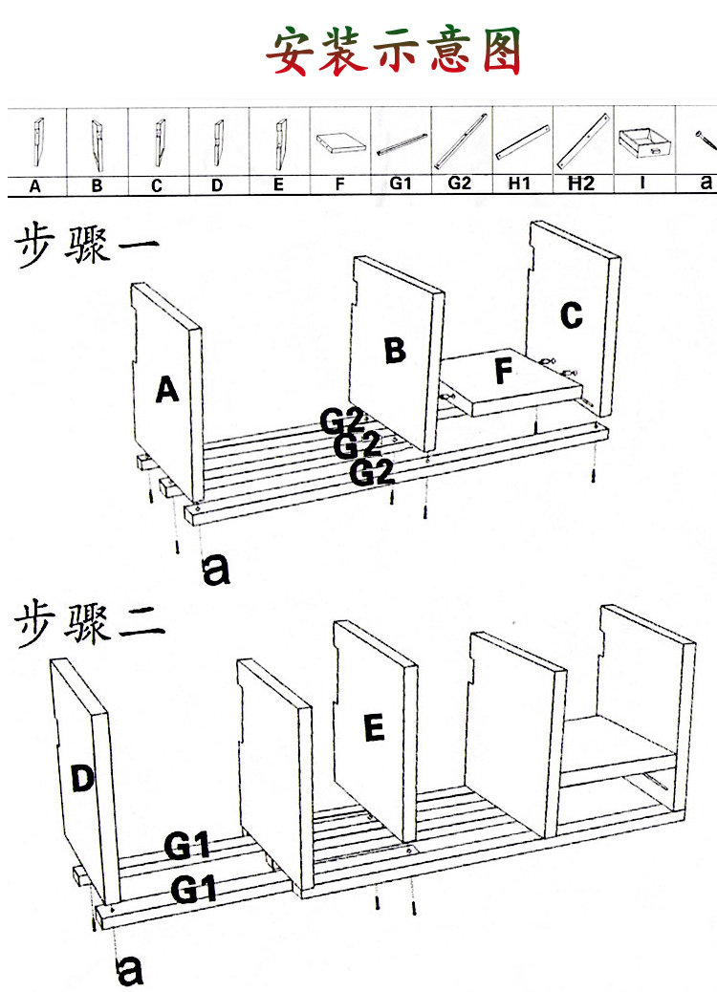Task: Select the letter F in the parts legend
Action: [x=339, y=185]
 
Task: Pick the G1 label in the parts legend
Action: [x=400, y=183]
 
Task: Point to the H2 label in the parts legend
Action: [x=580, y=183]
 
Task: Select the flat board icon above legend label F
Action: [x=340, y=143]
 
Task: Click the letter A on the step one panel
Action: [x=167, y=390]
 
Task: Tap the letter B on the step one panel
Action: [x=395, y=351]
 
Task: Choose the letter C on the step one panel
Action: [x=571, y=314]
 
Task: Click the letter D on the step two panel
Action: [x=83, y=779]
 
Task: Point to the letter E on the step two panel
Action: [x=374, y=729]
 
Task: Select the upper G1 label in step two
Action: [x=186, y=846]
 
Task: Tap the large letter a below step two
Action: [x=129, y=970]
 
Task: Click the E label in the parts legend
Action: [x=278, y=185]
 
